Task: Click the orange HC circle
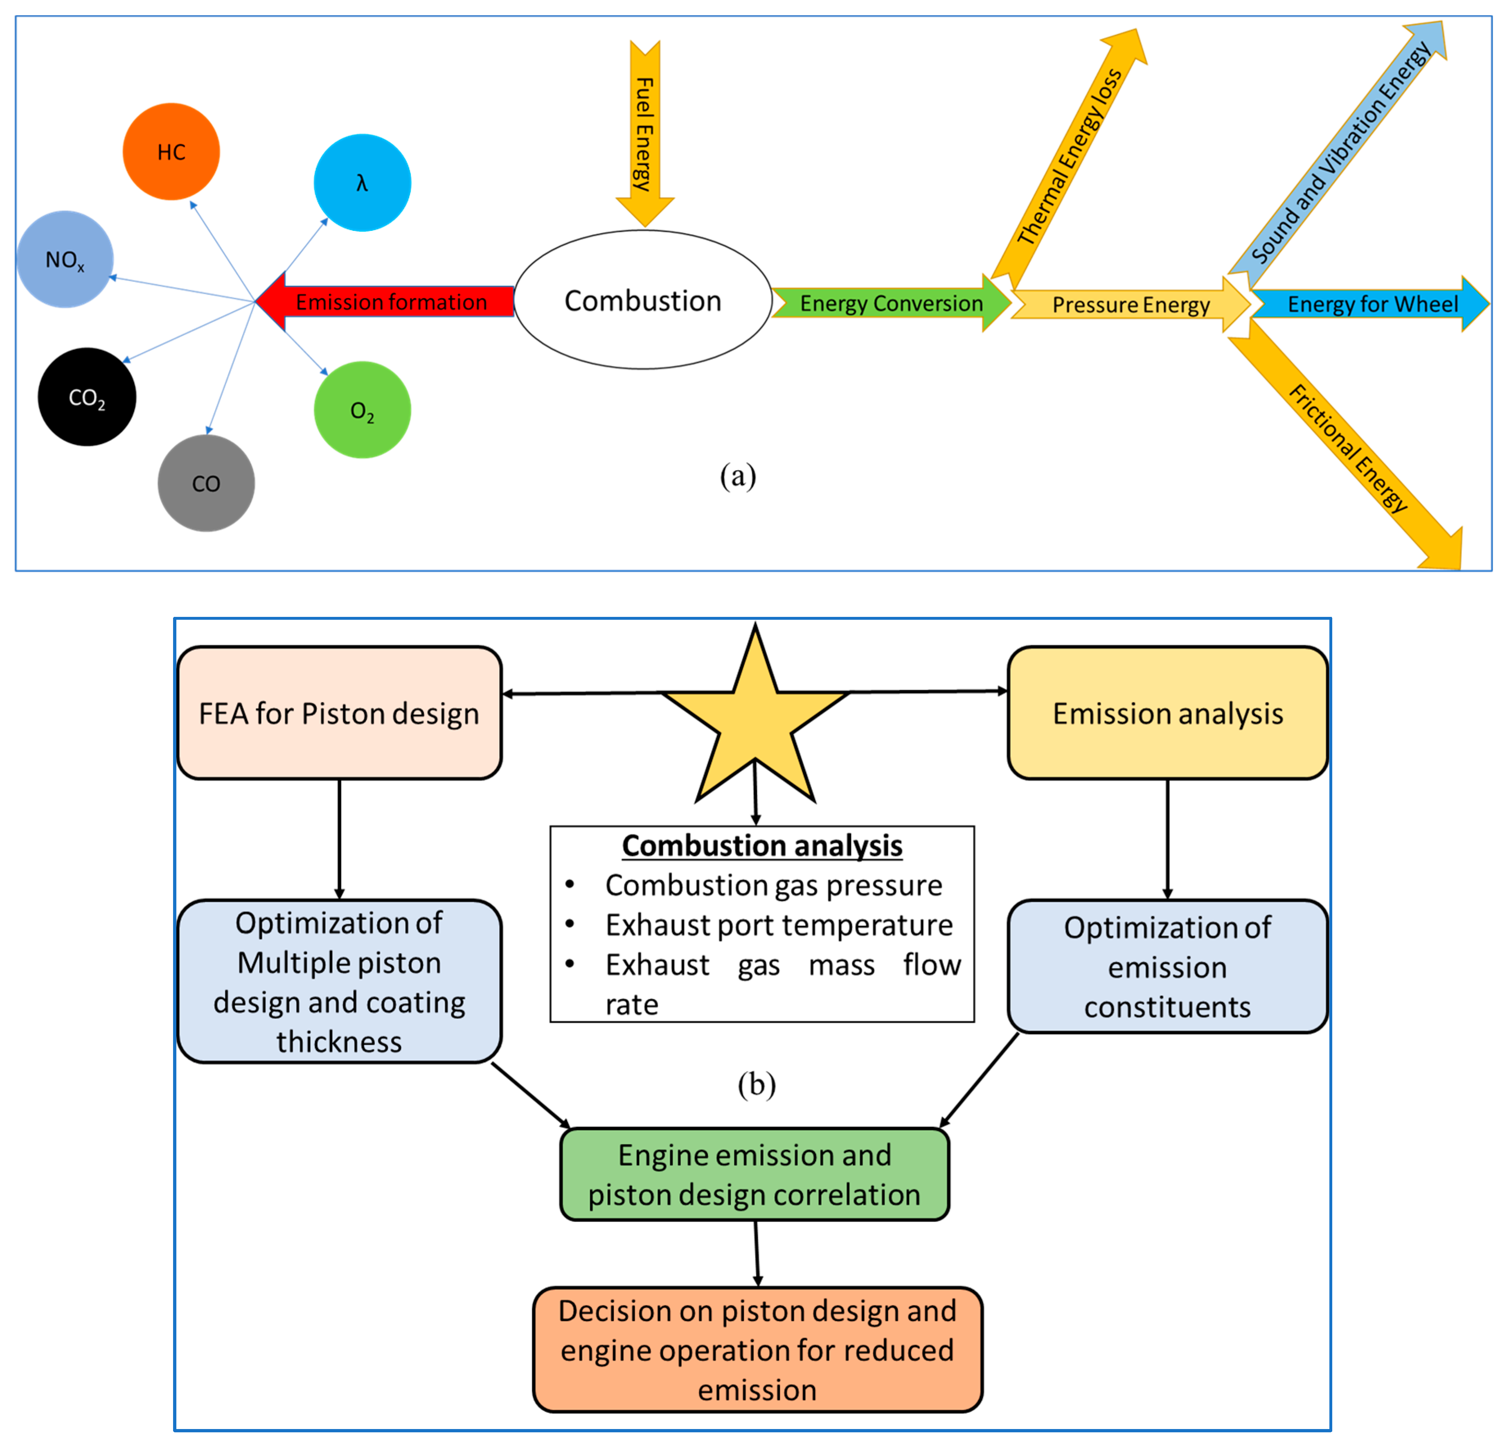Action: pos(171,152)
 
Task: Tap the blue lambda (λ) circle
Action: pos(362,183)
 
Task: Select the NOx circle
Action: pos(65,260)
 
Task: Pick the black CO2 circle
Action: pos(87,397)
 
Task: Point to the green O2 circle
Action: pos(362,410)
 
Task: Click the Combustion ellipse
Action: pos(643,300)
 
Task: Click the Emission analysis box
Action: pos(1167,713)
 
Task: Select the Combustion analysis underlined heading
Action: pos(761,846)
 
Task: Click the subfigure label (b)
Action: pos(756,1084)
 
